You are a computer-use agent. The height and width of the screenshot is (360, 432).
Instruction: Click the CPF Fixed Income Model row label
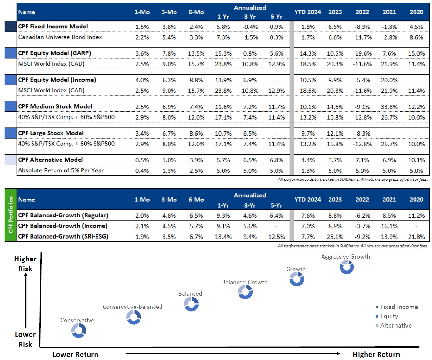click(x=53, y=27)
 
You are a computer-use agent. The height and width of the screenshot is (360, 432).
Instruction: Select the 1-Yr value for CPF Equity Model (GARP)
click(x=223, y=53)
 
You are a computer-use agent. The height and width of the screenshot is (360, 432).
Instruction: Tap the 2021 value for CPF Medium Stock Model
click(x=389, y=107)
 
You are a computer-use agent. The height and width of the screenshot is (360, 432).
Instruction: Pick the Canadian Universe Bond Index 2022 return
click(x=362, y=37)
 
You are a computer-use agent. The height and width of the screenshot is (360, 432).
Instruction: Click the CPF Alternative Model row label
click(x=51, y=160)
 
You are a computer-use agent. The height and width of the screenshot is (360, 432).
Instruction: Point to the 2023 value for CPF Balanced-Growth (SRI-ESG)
click(x=335, y=237)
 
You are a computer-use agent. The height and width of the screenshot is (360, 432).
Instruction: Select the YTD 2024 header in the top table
click(x=307, y=12)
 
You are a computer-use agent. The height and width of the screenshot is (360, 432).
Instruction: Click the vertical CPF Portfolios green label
click(x=11, y=215)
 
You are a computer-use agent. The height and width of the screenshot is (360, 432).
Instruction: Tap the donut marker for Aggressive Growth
click(x=346, y=267)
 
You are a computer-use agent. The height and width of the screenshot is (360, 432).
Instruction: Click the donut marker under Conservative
click(x=79, y=330)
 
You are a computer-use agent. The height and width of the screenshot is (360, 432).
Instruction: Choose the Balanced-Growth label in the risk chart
click(x=244, y=282)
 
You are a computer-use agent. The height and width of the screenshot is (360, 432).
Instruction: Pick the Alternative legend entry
click(x=395, y=325)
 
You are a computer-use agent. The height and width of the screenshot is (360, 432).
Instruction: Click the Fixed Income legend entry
click(x=399, y=307)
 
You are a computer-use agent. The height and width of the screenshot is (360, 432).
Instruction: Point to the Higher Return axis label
click(x=376, y=354)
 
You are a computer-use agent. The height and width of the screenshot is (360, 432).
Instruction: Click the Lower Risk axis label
click(x=25, y=339)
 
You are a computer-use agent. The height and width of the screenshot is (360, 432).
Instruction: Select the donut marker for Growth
click(x=297, y=279)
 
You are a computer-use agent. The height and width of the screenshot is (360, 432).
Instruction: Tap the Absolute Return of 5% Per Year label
click(x=61, y=170)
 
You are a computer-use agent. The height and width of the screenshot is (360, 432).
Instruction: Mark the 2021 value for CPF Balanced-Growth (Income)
click(x=389, y=226)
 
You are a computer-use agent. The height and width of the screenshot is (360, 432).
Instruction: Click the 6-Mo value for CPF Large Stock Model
click(x=196, y=134)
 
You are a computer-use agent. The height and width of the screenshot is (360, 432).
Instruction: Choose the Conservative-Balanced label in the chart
click(x=132, y=307)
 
